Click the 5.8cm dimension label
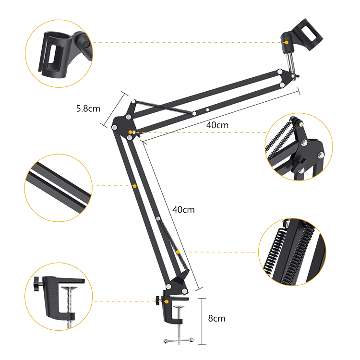88,108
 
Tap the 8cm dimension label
216,318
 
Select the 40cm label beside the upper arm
217,125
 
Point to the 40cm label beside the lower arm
183,210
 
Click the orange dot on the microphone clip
286,42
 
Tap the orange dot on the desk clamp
167,301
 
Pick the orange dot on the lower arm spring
178,252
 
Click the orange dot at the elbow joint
131,132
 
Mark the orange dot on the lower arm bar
135,186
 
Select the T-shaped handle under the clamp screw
179,340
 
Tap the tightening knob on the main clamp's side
158,300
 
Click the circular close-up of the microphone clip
59,53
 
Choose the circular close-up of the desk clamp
59,297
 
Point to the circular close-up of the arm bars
58,188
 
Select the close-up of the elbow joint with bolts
299,147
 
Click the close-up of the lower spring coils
292,252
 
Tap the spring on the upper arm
164,107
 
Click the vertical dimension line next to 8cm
202,322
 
